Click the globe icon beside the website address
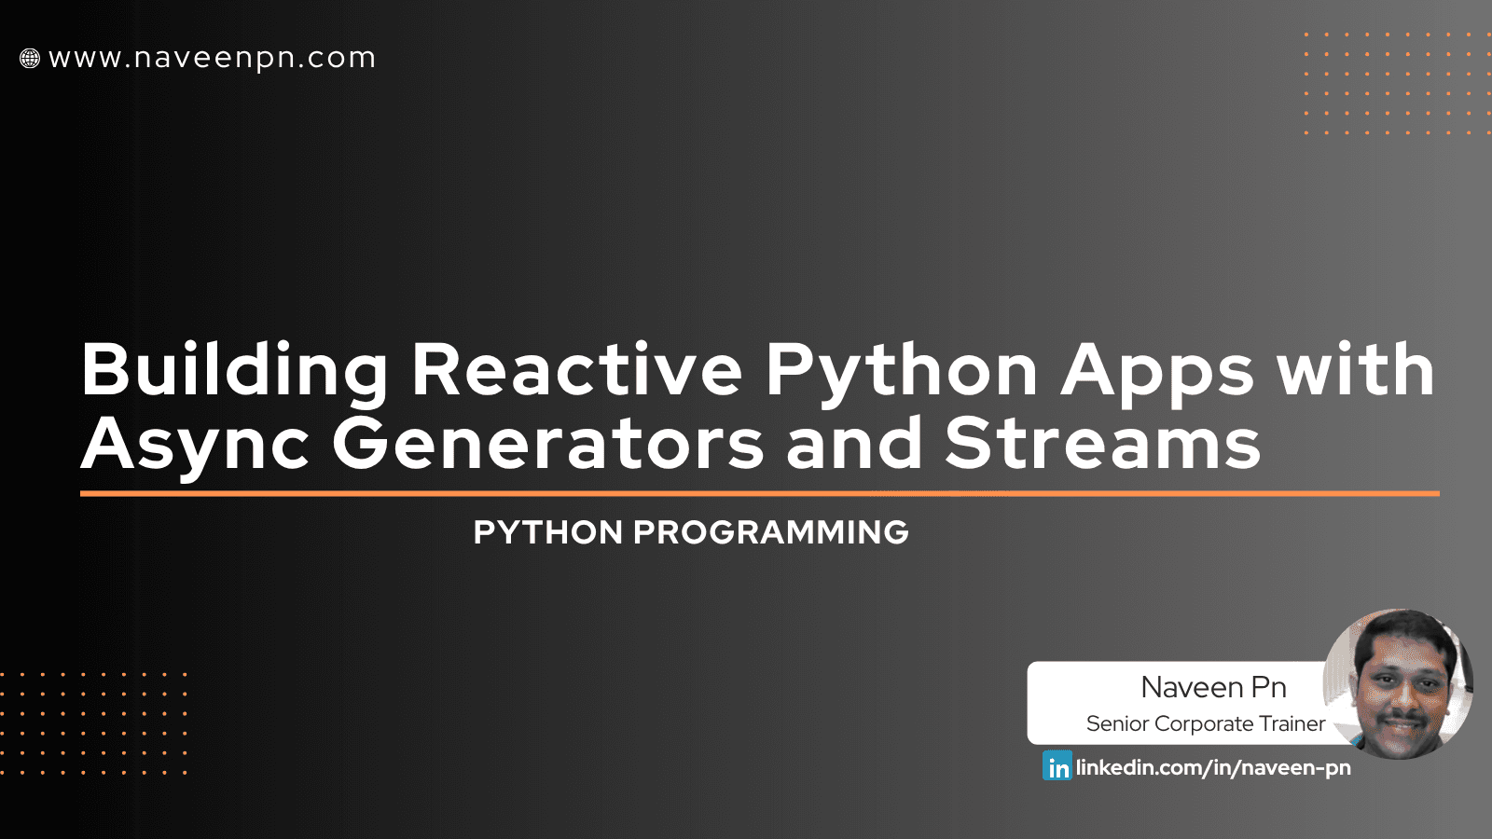(x=30, y=59)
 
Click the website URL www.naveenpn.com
(x=212, y=58)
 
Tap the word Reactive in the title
(x=576, y=370)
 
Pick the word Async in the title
(x=195, y=446)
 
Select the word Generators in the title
(x=547, y=444)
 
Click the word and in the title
(x=853, y=444)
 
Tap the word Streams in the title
(x=1102, y=444)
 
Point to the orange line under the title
(x=759, y=493)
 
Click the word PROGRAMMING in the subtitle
(x=770, y=532)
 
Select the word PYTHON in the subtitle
(x=547, y=532)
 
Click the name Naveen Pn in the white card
(x=1213, y=687)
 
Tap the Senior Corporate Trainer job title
(x=1205, y=723)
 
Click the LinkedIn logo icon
(x=1057, y=766)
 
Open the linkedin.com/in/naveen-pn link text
(x=1213, y=767)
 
